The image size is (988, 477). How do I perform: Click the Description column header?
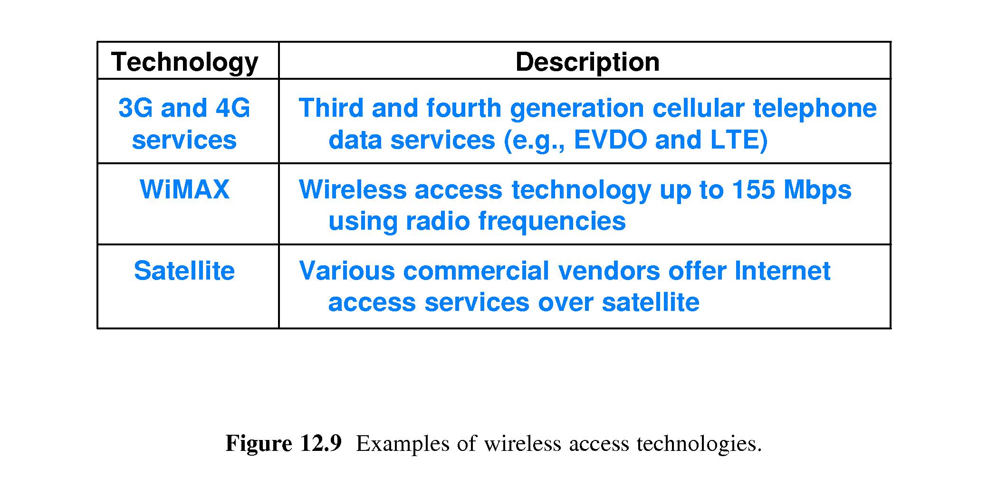tap(587, 62)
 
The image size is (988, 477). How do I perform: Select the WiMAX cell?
tap(184, 189)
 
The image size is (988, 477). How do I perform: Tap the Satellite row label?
tap(184, 271)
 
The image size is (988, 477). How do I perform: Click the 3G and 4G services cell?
tap(184, 124)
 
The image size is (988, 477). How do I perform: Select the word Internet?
tap(782, 271)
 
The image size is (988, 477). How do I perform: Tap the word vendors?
tap(609, 271)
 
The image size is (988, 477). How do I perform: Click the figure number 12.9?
tap(321, 443)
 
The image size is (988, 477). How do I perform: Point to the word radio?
tap(437, 221)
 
